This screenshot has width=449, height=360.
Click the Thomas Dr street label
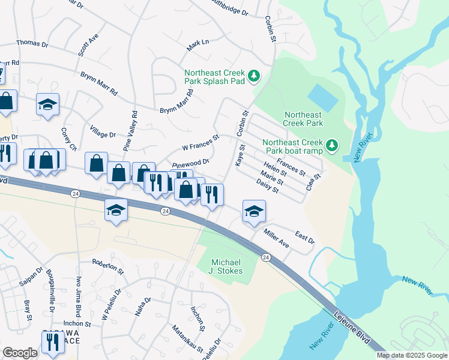coord(32,43)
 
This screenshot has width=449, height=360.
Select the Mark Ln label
coord(197,44)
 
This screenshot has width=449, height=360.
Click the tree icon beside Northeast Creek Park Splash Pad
coord(255,76)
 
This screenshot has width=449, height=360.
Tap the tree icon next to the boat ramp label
coord(331,145)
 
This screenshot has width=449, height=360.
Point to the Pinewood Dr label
coord(190,162)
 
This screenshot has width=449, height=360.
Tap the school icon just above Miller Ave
coord(254,211)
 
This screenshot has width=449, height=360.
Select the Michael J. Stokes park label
coord(228,267)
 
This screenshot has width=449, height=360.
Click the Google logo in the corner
coord(20,353)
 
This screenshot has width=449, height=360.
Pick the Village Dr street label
coord(103,134)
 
